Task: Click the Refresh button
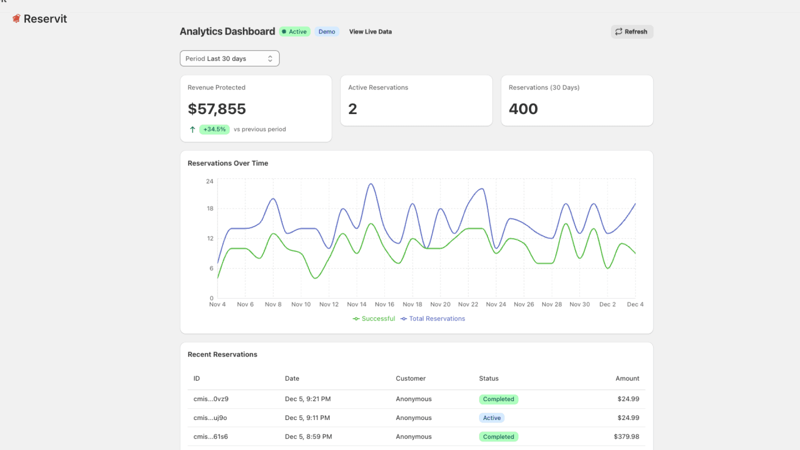click(631, 31)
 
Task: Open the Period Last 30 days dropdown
click(229, 58)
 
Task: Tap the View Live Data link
click(370, 31)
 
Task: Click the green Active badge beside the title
click(294, 31)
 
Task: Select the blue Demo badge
click(326, 31)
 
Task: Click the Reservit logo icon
click(16, 19)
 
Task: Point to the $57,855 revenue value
click(217, 109)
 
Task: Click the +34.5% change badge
click(214, 129)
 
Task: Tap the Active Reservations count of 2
click(352, 109)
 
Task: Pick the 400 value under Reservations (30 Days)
click(523, 109)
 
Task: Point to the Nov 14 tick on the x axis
click(356, 304)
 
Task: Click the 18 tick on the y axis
click(210, 208)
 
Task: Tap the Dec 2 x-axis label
click(607, 304)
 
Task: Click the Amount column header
click(627, 378)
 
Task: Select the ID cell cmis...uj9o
click(210, 418)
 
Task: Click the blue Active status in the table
click(491, 418)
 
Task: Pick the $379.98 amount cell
click(626, 436)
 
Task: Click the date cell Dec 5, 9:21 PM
click(307, 399)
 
